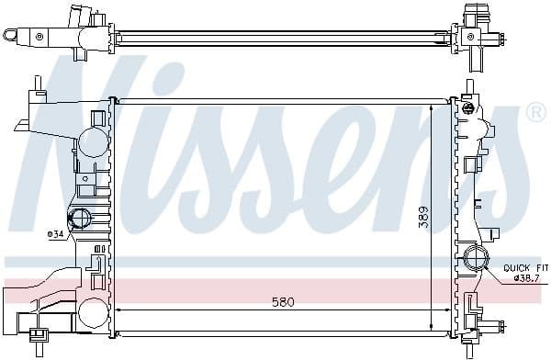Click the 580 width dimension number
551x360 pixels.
pos(283,302)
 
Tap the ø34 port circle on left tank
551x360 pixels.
pos(80,219)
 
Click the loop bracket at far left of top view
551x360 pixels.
pos(12,36)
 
